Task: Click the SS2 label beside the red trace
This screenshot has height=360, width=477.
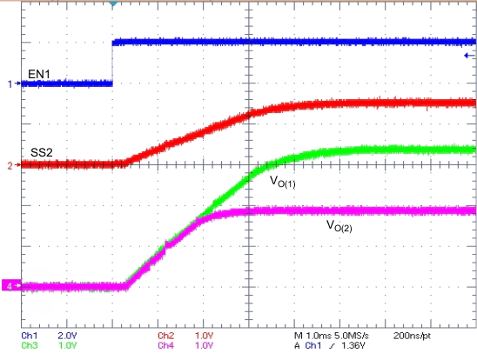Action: coord(42,152)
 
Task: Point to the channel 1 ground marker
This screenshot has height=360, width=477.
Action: coord(11,83)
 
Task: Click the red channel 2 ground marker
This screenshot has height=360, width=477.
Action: coord(11,164)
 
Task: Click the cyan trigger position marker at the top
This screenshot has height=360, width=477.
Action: coord(113,4)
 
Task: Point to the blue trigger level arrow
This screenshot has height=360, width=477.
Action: coord(469,56)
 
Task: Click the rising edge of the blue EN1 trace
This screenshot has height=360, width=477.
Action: coord(113,63)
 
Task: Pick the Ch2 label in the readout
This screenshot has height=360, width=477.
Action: coord(166,335)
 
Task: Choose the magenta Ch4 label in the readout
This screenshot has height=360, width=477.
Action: coord(166,344)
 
